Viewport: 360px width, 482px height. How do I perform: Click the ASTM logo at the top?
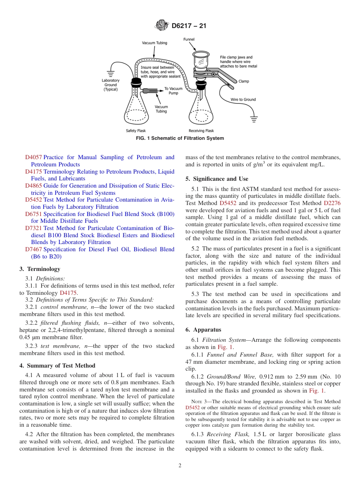coord(162,26)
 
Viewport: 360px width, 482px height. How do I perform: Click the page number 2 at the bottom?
coord(180,465)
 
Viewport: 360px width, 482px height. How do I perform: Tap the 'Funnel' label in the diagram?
coord(189,39)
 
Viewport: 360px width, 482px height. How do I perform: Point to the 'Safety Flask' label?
coord(136,131)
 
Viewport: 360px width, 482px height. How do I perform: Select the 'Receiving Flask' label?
coord(201,131)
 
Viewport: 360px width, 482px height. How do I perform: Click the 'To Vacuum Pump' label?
coord(173,91)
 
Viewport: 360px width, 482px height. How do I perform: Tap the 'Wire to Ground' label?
coord(243,100)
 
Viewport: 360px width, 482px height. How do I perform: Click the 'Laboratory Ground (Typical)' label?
coord(111,85)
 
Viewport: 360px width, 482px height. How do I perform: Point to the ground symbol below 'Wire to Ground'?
coord(254,119)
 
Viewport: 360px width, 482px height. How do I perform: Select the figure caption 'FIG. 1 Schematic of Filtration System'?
coord(180,138)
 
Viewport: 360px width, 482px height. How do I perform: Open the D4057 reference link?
coord(33,157)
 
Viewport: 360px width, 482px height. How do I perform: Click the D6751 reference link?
coord(33,214)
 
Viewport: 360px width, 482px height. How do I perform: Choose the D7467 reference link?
coord(33,249)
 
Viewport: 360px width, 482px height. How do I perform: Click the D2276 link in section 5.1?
coord(332,203)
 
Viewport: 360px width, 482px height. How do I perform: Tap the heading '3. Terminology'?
coord(40,269)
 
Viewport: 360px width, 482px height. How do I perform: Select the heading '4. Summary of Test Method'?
coord(57,366)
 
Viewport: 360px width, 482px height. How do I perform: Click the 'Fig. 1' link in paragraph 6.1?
coord(225,347)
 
